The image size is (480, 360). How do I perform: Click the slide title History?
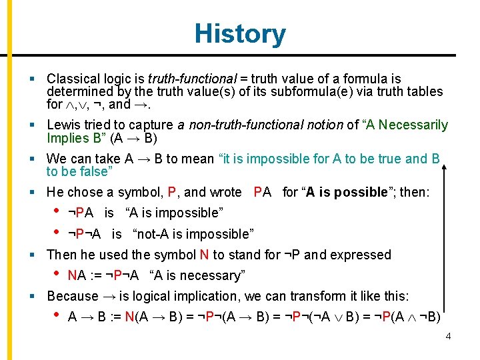pos(240,33)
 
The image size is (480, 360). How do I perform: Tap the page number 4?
pos(448,336)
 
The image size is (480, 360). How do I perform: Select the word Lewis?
pos(63,125)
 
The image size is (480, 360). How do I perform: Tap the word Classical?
pos(73,79)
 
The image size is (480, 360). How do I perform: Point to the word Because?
pos(72,295)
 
